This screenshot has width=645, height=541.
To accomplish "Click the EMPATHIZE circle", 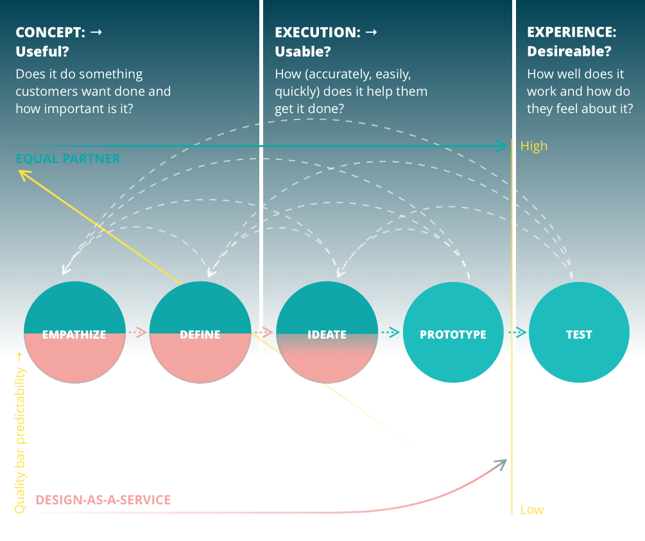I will (74, 333).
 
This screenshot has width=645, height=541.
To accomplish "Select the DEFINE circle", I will (200, 333).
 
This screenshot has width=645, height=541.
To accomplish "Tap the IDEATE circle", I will (326, 333).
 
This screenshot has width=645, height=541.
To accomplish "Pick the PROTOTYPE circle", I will (452, 333).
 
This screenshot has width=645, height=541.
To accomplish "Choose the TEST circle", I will (578, 333).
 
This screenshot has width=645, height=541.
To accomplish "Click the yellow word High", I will (533, 146).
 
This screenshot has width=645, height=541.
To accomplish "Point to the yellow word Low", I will (531, 510).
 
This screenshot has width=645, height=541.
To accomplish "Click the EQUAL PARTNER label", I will (68, 159).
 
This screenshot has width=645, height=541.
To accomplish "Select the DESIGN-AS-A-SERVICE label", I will (103, 499).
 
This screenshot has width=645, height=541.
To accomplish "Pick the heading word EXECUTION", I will (315, 32).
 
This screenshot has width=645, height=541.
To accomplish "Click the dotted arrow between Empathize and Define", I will (137, 333).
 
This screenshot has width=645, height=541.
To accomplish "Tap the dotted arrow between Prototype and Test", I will (517, 332).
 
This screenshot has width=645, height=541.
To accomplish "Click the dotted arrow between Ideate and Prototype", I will (390, 332).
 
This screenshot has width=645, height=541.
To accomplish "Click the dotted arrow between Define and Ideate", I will (263, 333).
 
